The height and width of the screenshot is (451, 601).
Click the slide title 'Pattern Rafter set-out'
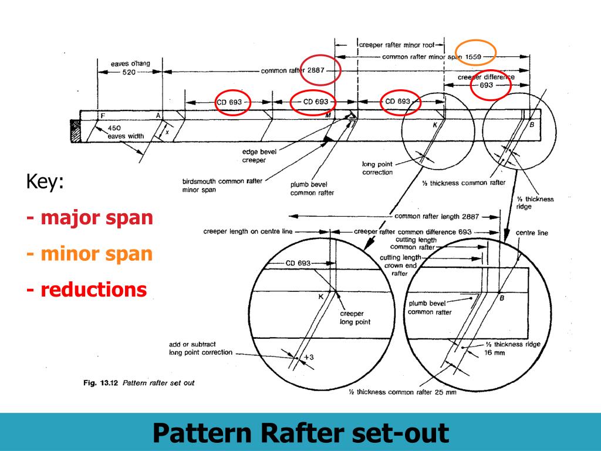[300, 433]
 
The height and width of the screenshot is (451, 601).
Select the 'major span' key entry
[90, 218]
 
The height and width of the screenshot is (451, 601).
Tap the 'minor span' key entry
[90, 254]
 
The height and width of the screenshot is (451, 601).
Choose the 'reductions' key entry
[87, 290]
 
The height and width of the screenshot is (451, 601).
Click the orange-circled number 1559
[476, 57]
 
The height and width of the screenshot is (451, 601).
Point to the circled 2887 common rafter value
[319, 71]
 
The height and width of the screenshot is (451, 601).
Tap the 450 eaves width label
[114, 128]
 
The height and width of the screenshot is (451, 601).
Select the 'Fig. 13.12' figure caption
[139, 383]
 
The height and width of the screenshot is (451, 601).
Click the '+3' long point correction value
[310, 356]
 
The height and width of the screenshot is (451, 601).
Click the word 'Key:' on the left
[44, 182]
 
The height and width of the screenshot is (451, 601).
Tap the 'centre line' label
[532, 233]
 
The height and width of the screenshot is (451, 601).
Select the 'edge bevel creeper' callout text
[259, 156]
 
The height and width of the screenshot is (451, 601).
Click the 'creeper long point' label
[355, 318]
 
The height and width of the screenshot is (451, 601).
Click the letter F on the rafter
[102, 116]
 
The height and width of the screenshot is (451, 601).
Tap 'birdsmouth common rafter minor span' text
[222, 186]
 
